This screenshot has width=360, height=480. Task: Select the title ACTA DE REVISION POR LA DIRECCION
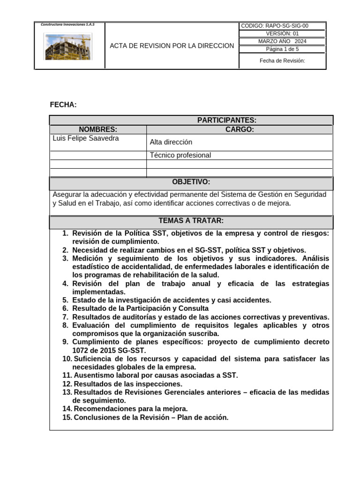tap(172, 46)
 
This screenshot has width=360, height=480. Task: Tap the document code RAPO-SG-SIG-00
tap(282, 26)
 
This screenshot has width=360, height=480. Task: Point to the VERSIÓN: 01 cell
tap(282, 34)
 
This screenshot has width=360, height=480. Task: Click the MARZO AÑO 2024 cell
tap(282, 41)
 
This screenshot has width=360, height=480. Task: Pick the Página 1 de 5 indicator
tap(282, 49)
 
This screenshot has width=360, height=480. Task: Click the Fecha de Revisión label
tap(282, 61)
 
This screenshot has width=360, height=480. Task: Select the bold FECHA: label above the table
tap(63, 105)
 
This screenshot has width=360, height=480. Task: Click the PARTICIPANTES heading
tap(227, 120)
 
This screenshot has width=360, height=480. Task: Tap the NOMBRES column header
tap(98, 130)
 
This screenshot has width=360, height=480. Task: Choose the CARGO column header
tap(240, 130)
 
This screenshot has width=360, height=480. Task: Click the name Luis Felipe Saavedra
tap(86, 138)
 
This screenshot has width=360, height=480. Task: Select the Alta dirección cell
tap(171, 142)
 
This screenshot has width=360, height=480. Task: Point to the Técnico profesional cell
tap(180, 155)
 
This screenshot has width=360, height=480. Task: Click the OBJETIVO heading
tap(191, 182)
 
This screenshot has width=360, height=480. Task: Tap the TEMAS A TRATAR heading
tap(191, 221)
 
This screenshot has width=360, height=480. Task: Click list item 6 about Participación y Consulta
tap(140, 308)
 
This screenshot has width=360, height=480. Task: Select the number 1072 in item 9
tap(80, 350)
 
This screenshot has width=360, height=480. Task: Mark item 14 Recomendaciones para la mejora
tap(130, 409)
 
